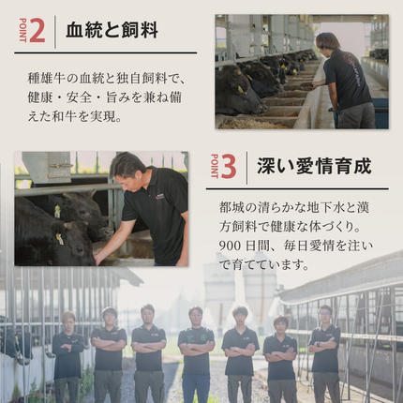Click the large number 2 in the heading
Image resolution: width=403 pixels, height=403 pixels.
point(37,30)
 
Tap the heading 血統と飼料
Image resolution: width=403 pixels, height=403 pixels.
point(112,30)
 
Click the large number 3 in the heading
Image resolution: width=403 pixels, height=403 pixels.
point(229,167)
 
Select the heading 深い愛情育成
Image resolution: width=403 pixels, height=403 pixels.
point(314,167)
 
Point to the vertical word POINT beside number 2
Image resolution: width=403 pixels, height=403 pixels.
point(22,30)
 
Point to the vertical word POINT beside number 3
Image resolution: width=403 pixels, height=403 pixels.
point(214,167)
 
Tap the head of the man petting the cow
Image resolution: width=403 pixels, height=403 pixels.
point(126,168)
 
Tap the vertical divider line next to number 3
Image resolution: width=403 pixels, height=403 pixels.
point(246,167)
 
